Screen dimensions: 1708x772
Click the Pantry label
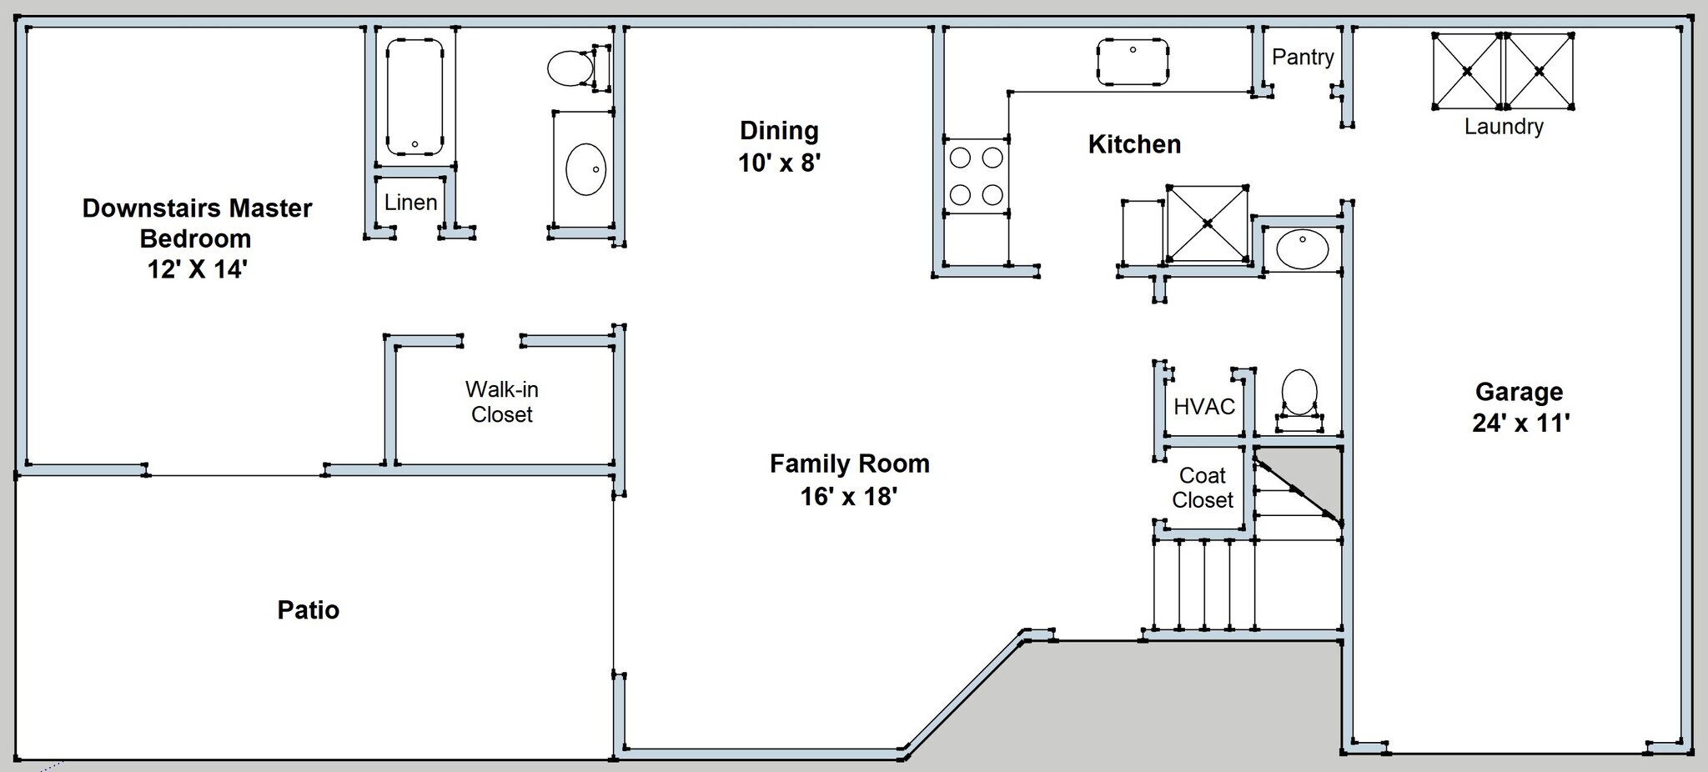1303,58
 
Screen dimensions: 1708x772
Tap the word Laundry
1504,127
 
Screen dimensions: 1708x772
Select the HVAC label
1204,407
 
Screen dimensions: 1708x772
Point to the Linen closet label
410,203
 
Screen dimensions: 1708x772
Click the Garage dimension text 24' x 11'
1520,424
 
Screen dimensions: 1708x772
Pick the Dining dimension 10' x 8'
780,163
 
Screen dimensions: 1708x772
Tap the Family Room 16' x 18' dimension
849,497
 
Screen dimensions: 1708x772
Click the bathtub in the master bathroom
414,97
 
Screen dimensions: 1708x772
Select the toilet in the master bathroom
578,68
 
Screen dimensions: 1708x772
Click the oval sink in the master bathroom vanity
586,169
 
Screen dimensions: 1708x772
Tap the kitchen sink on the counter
1133,61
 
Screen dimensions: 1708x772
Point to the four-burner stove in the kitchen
976,176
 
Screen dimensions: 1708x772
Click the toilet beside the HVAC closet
1299,400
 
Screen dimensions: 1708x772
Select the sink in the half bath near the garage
1302,249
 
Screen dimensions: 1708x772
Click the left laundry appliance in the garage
1467,71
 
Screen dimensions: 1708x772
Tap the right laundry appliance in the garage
1539,71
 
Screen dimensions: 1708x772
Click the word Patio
309,610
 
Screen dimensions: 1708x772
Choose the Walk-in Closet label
501,402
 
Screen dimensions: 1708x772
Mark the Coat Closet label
1202,488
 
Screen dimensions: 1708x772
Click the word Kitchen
1134,144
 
